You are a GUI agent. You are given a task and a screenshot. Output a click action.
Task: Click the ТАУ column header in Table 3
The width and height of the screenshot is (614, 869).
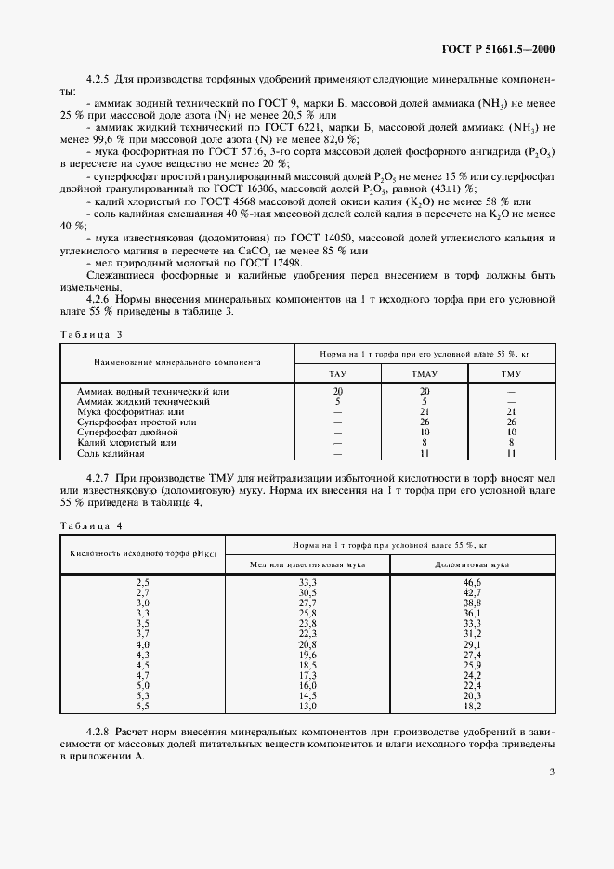[338, 373]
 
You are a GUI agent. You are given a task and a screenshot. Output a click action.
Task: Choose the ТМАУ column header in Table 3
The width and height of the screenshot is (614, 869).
[425, 373]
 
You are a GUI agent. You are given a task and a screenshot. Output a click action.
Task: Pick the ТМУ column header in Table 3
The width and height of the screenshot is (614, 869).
[511, 373]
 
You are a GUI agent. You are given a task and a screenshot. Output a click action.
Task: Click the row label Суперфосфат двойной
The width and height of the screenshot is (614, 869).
[122, 433]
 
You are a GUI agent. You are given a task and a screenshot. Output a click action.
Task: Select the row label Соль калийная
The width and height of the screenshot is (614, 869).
[110, 453]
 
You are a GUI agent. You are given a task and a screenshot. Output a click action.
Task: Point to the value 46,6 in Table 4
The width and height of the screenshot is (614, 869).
[471, 581]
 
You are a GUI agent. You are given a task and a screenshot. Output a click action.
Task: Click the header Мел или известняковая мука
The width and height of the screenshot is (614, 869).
[307, 564]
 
